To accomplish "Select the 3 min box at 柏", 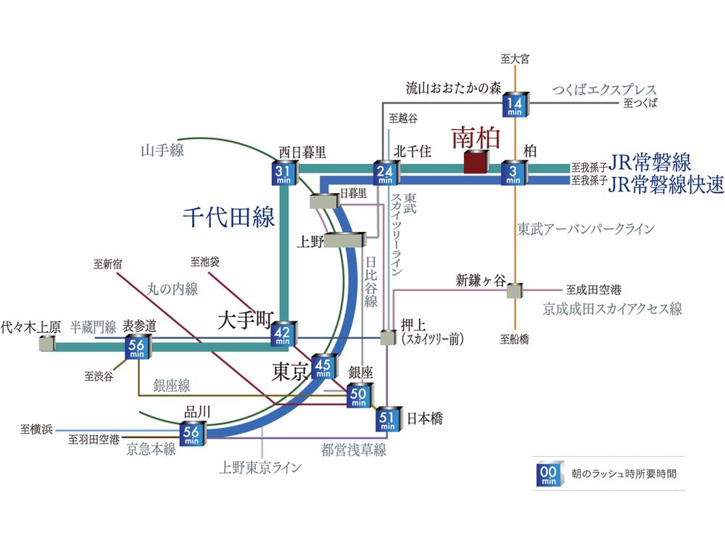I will coord(515,172).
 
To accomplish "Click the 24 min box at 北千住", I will coord(384,172).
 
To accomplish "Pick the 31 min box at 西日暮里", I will coord(283,172).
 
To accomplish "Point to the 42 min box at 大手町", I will coord(283,333).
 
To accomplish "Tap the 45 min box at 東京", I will coord(323,366).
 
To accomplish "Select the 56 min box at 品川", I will coord(192,432).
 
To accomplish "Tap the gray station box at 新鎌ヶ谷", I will coord(515,291).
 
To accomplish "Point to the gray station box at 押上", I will coord(387,338).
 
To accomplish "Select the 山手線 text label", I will coord(162,152).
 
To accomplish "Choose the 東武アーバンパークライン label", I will coord(586,228).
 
